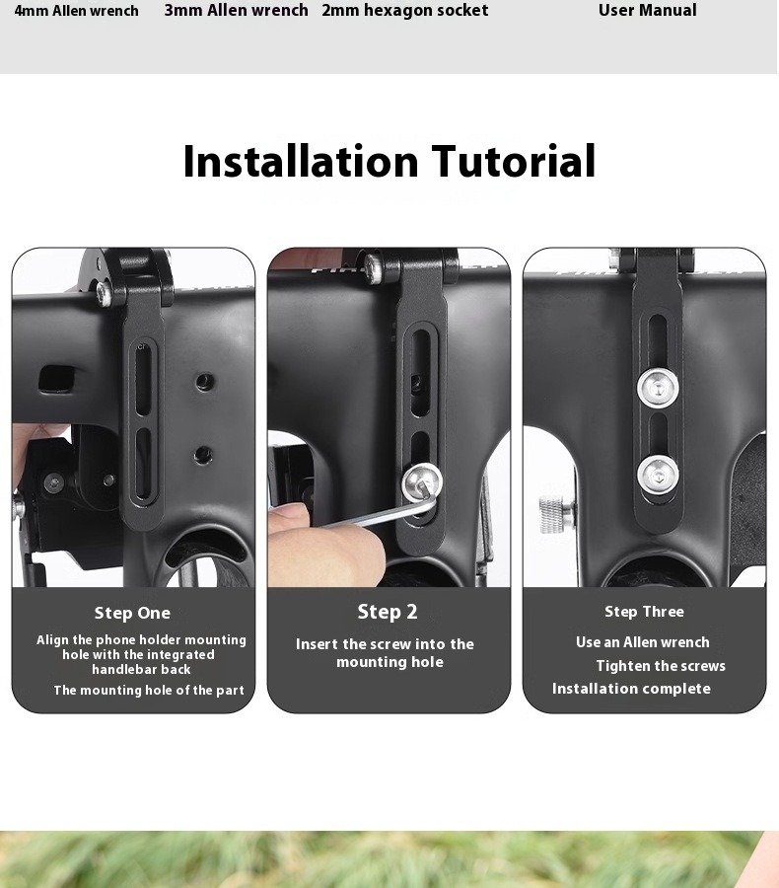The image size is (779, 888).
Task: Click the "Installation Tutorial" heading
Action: click(x=389, y=162)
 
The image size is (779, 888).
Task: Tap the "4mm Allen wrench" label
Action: click(x=77, y=11)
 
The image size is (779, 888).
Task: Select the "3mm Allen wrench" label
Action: click(x=236, y=10)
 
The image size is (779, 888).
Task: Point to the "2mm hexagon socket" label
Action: click(x=405, y=10)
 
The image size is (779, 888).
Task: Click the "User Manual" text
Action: click(x=647, y=10)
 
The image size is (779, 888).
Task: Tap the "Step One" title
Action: click(x=132, y=613)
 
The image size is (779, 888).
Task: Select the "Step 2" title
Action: click(x=388, y=612)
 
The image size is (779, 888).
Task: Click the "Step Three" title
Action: click(x=644, y=612)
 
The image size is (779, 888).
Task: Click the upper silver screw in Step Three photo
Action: click(x=658, y=388)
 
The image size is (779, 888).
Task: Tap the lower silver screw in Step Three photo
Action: click(x=658, y=476)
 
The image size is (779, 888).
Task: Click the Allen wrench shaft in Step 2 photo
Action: click(x=374, y=515)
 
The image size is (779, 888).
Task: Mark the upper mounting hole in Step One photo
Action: click(x=205, y=382)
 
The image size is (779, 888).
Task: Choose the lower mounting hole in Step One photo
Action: click(x=203, y=454)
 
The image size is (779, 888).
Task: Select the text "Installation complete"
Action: click(x=631, y=689)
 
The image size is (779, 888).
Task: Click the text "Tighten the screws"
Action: click(x=661, y=666)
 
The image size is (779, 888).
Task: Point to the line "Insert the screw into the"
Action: click(x=385, y=644)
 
